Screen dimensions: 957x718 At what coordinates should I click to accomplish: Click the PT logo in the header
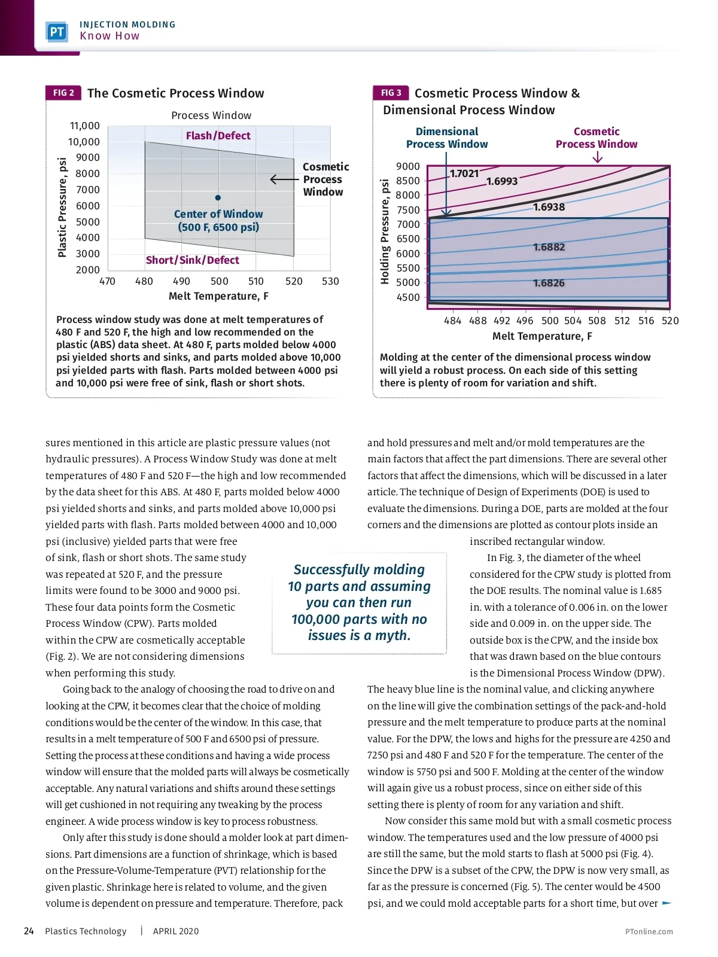(x=57, y=32)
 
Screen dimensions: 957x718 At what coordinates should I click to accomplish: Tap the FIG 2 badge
(x=63, y=93)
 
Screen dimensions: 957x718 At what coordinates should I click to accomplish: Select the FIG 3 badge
(x=391, y=93)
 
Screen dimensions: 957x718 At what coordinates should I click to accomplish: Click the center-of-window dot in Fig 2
(x=218, y=197)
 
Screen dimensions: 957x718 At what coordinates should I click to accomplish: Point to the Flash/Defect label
(x=218, y=136)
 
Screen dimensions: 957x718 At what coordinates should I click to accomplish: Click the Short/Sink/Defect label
(x=192, y=260)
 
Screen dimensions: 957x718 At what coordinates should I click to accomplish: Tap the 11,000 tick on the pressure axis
(x=85, y=126)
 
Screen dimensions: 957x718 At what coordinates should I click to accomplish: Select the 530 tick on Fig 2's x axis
(x=330, y=281)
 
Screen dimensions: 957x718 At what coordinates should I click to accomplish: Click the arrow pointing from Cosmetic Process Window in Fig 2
(x=284, y=179)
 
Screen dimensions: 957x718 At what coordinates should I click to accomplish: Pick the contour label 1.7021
(x=464, y=173)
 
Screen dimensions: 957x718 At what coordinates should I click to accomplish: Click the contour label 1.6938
(x=549, y=207)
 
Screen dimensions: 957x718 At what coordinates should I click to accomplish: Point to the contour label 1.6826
(x=549, y=283)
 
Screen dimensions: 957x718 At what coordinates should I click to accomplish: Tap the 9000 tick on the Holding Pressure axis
(x=408, y=166)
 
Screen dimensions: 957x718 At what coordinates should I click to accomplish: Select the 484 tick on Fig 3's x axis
(x=452, y=321)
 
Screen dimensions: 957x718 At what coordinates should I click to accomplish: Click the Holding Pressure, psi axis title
(x=385, y=231)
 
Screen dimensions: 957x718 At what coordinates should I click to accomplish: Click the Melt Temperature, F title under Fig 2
(x=218, y=296)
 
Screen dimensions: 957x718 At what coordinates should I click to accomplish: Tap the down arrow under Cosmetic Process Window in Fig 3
(x=597, y=157)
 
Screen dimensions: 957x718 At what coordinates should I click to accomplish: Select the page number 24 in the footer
(x=29, y=931)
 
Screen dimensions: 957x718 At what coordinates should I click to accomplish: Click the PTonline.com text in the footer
(x=649, y=931)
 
